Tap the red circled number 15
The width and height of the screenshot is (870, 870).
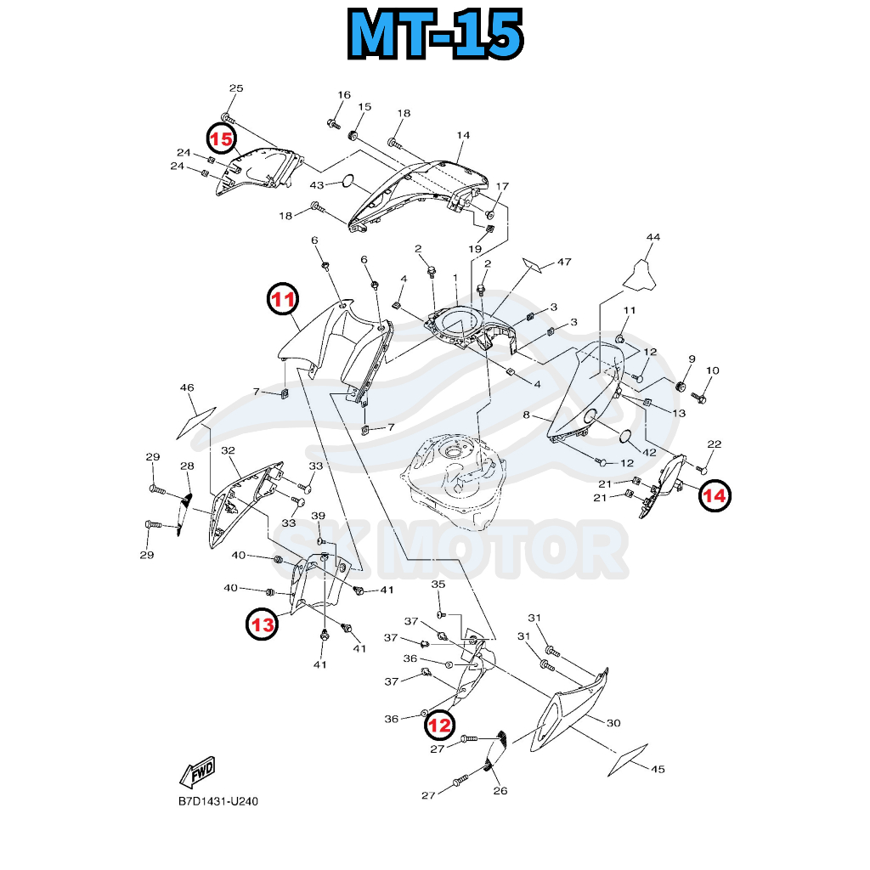(222, 138)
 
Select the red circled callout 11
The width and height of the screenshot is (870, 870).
(283, 299)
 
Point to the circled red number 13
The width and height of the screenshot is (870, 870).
(263, 624)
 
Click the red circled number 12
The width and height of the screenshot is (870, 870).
(439, 725)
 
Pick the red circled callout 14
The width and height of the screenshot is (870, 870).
(714, 495)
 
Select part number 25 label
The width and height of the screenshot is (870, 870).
(236, 89)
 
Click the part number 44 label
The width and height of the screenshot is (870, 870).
(652, 237)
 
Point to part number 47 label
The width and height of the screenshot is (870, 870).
(565, 263)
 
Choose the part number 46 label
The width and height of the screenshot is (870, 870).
(187, 388)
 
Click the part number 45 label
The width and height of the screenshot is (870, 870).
(658, 770)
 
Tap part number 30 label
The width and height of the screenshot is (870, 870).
(613, 722)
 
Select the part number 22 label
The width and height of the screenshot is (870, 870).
(714, 444)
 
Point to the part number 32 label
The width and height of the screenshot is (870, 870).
(228, 450)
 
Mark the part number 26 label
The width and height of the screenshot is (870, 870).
(500, 791)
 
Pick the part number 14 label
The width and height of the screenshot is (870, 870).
(463, 135)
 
